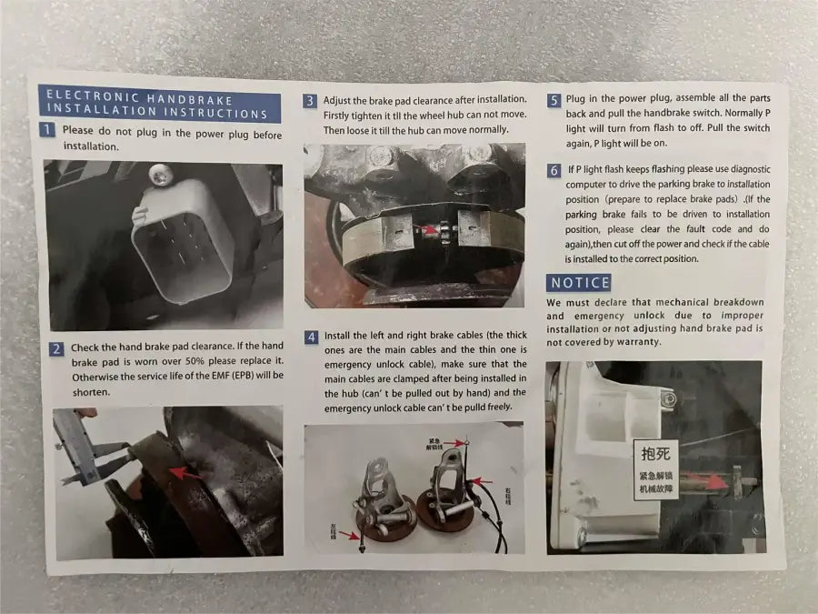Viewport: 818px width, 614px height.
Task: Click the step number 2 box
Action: (x=55, y=348)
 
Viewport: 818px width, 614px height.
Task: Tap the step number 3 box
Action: (x=310, y=101)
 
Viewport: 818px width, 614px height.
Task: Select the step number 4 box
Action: (x=311, y=337)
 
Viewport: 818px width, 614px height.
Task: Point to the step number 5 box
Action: (x=554, y=100)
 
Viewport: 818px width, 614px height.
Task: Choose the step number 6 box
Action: (x=554, y=170)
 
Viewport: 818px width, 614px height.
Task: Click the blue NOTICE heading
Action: (x=579, y=283)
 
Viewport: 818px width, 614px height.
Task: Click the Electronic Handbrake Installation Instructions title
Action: (x=158, y=106)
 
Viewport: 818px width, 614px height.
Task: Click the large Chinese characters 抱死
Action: (x=655, y=453)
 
